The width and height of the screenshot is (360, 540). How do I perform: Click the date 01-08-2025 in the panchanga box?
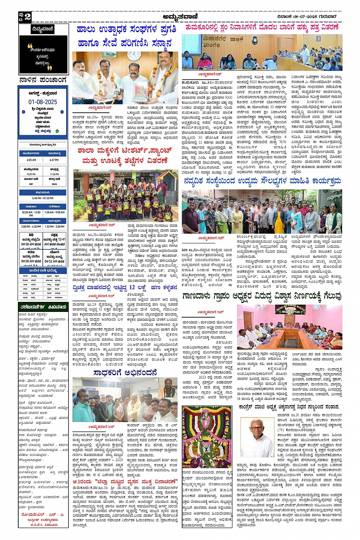point(43,102)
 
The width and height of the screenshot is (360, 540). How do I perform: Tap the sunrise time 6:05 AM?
point(31,160)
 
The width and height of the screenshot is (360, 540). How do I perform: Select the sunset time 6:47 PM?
point(54,160)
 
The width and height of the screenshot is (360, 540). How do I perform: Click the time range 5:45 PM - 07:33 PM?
point(43,198)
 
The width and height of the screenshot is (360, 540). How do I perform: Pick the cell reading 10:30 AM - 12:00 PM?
point(31,214)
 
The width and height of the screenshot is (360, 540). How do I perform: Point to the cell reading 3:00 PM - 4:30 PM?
point(31,227)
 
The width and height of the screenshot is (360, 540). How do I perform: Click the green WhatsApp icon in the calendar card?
point(57,131)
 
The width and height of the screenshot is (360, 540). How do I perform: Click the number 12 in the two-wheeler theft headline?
point(133,287)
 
